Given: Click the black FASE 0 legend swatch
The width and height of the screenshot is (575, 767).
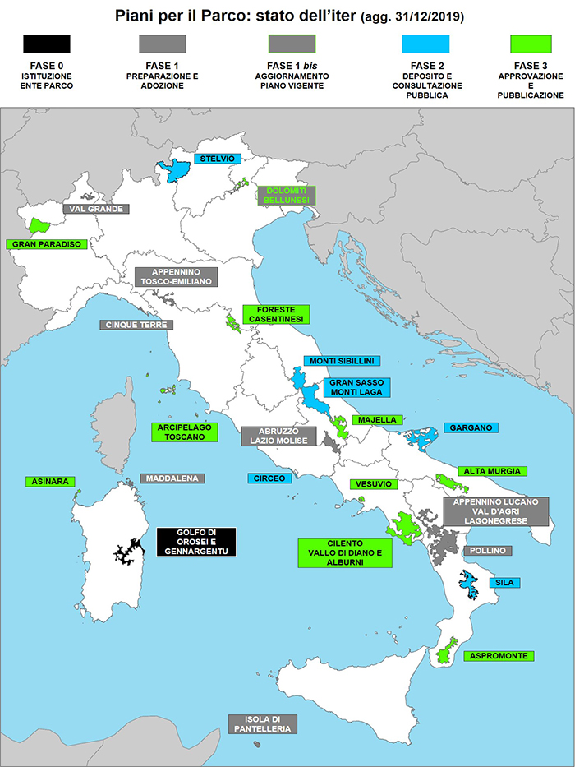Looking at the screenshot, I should coord(46,44).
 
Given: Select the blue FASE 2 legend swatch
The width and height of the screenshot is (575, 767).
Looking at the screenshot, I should coord(425,44).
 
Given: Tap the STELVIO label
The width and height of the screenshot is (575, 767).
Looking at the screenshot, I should coord(217,159).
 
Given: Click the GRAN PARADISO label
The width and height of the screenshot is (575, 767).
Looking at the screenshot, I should coord(46,244).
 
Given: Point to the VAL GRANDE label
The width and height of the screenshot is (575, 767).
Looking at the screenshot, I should coord(96,209).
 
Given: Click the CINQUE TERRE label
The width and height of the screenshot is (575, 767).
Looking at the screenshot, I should coord(136,325).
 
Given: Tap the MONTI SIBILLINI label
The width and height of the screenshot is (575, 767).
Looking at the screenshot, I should coord(342,360).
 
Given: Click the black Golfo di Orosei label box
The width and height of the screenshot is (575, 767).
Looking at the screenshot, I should coord(195,541).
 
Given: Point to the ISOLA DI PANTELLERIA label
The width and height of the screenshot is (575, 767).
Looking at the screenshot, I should coord(262,723).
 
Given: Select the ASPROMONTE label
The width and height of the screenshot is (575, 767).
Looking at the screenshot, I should coord(499,655).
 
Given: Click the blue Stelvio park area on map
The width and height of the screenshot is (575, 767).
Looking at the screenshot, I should coord(176,170).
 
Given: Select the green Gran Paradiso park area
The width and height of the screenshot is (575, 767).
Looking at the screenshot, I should coord(38,224).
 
